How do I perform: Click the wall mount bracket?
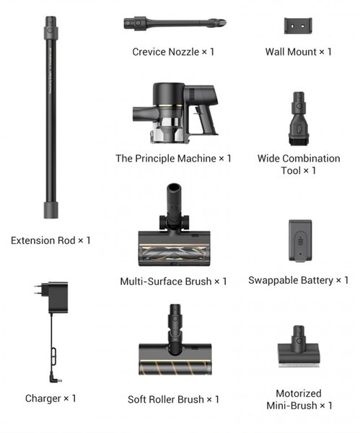[x=298, y=26]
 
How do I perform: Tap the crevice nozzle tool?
[x=175, y=23]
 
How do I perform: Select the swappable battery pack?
[x=300, y=240]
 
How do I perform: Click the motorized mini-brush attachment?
[x=299, y=346]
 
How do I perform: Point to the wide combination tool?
[x=299, y=119]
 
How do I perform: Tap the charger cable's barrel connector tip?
[x=60, y=380]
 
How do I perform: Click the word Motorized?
[x=299, y=393]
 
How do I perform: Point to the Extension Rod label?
[x=51, y=240]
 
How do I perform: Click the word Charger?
[x=43, y=398]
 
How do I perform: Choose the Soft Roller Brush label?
[x=173, y=399]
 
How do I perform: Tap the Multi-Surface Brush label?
[x=173, y=281]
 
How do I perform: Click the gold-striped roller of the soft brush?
[x=175, y=368]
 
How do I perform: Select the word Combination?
[x=312, y=159]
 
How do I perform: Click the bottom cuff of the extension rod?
[x=51, y=210]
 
